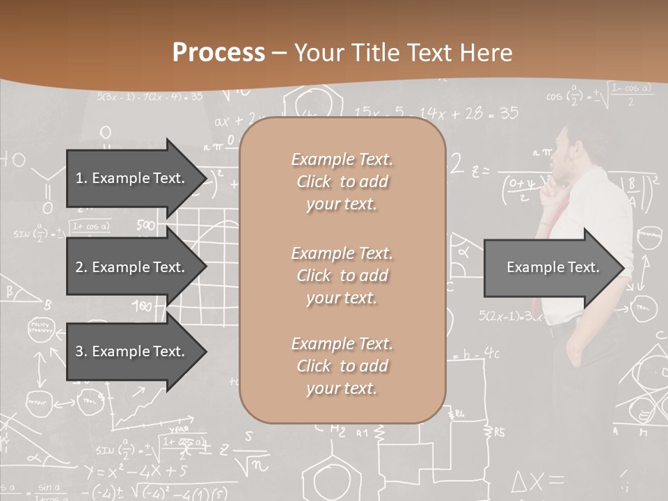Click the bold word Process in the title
coord(218,53)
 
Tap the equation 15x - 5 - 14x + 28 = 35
coord(436,113)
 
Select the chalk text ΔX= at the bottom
coord(536,481)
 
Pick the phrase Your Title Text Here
coord(404,53)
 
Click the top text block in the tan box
coord(342,182)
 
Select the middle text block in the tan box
coord(342,276)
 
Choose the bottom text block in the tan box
coord(342,366)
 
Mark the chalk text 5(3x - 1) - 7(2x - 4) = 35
coord(150,97)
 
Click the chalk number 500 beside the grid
coord(145,225)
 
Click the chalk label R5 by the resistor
coord(499,432)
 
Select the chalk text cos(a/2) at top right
coord(565,97)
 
